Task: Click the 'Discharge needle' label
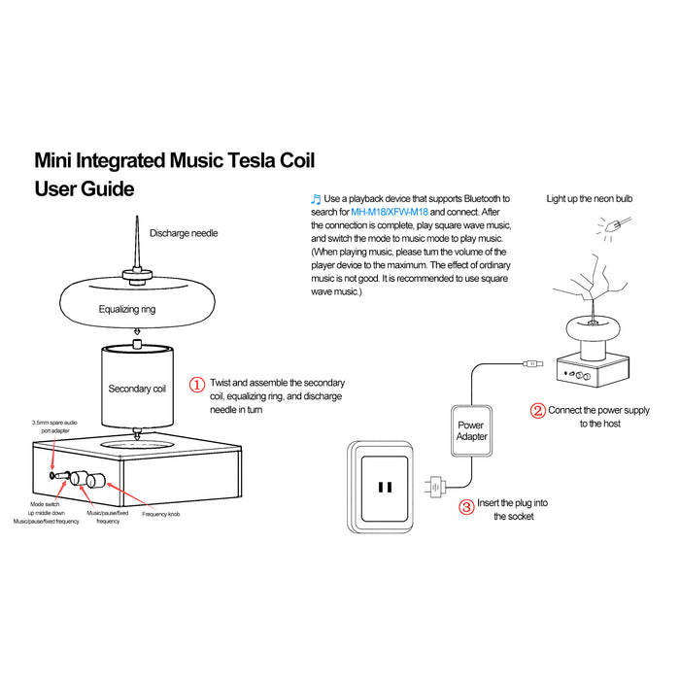click(x=184, y=233)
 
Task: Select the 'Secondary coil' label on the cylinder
click(x=137, y=389)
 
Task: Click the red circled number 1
click(x=196, y=385)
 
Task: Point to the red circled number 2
click(x=537, y=410)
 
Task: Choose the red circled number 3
click(x=466, y=505)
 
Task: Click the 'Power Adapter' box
click(x=472, y=430)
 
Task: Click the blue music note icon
click(x=315, y=197)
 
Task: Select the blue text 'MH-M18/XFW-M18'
click(x=390, y=212)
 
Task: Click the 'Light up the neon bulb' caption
click(x=590, y=198)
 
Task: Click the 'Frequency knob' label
click(x=161, y=513)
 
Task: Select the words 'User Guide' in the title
click(x=85, y=188)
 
